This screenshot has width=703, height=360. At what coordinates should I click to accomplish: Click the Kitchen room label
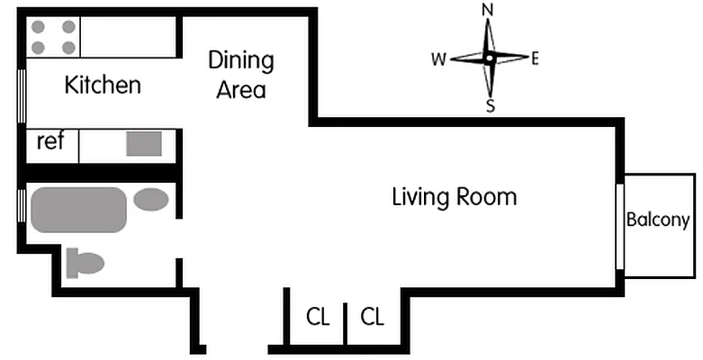[x=103, y=85]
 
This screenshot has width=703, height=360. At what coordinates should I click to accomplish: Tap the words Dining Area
[x=241, y=75]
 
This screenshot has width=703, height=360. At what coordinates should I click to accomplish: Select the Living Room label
[x=455, y=197]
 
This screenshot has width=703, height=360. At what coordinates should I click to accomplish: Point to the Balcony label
[x=658, y=220]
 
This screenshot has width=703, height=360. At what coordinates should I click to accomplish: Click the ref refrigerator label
[x=50, y=141]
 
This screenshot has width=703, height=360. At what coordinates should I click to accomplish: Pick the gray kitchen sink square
[x=144, y=144]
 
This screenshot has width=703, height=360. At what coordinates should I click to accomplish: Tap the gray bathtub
[x=79, y=210]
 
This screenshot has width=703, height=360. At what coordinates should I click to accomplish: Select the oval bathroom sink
[x=151, y=200]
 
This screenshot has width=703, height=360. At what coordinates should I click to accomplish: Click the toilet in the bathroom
[x=85, y=263]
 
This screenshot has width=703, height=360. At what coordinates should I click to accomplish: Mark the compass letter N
[x=487, y=10]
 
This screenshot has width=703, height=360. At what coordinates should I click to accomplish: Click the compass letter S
[x=491, y=106]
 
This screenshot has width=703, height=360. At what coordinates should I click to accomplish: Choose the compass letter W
[x=439, y=59]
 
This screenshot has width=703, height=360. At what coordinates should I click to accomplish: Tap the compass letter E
[x=535, y=58]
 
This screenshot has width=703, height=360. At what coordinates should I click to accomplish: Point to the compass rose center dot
[x=489, y=58]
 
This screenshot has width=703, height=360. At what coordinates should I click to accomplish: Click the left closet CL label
[x=318, y=317]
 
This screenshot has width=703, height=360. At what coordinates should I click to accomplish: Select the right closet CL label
[x=372, y=317]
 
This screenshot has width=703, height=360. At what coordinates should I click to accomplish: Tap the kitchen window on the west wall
[x=21, y=96]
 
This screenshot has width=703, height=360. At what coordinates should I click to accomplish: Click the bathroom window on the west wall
[x=21, y=206]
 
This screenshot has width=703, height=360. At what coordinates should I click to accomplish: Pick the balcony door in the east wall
[x=620, y=227]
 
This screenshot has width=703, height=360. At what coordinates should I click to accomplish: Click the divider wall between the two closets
[x=346, y=324]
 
